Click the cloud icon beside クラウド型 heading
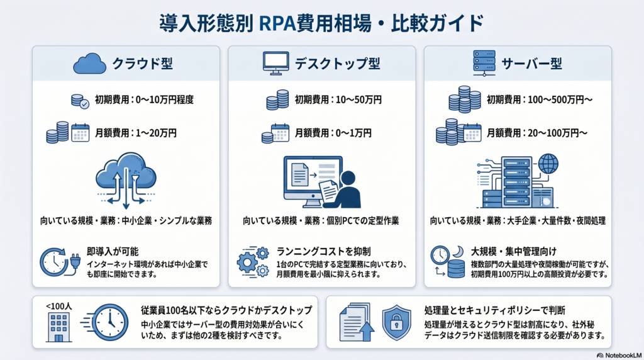click(x=89, y=64)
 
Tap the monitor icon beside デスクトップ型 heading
click(x=274, y=63)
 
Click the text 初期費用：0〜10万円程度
click(x=144, y=99)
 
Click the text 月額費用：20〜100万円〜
click(x=537, y=133)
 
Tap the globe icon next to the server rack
click(x=548, y=164)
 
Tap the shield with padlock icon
click(x=396, y=322)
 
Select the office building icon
click(x=58, y=327)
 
